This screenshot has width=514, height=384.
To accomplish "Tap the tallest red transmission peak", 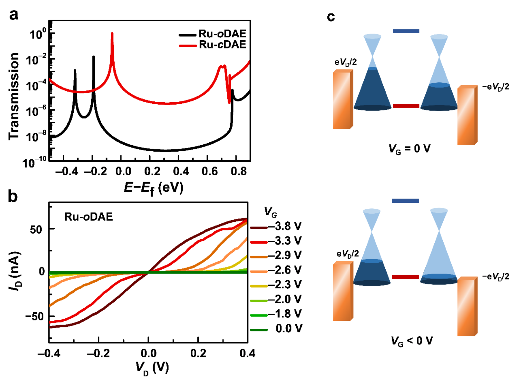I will (112, 34).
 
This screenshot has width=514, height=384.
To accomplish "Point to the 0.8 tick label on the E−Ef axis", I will (239, 171).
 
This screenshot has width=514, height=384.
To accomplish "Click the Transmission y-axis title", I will (14, 96).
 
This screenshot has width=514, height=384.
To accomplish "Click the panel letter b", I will (13, 196).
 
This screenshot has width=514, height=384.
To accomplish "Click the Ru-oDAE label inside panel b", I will (89, 217).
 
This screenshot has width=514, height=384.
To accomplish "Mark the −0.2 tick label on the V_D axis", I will (98, 353).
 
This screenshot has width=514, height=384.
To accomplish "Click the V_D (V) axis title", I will (152, 368).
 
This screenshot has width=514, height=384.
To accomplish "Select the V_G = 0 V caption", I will (409, 149).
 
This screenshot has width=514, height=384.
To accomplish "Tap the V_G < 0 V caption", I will (411, 341).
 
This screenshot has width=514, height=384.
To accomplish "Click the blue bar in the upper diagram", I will (406, 31).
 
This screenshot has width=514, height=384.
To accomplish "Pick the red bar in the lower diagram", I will (405, 277).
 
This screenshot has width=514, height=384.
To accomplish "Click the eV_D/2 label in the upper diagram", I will (346, 62).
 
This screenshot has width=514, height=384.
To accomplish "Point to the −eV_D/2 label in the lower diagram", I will (495, 277).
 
